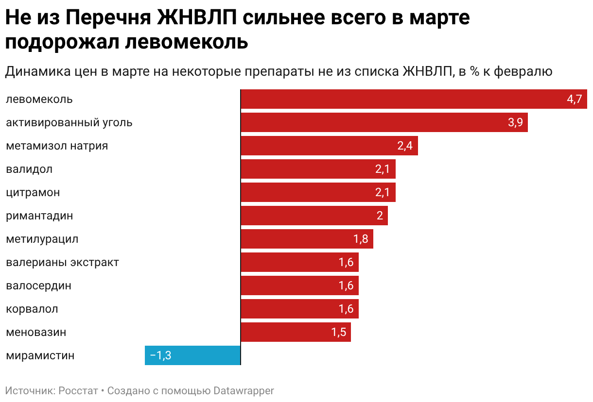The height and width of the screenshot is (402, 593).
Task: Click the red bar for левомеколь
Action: [x=413, y=99]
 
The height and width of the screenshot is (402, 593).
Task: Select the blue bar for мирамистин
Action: [x=193, y=355]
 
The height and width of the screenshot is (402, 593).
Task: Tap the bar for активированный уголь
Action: [x=384, y=122]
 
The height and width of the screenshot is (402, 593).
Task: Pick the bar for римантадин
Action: [x=314, y=216]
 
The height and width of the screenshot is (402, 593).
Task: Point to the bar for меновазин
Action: [x=296, y=333]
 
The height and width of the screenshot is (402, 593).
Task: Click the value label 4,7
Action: [x=574, y=100]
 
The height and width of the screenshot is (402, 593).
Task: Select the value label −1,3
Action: [x=160, y=356]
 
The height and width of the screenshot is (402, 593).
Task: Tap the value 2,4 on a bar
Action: [x=405, y=146]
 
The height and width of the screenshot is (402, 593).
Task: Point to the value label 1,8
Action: [x=361, y=239]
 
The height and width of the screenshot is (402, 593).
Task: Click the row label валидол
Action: [x=29, y=169]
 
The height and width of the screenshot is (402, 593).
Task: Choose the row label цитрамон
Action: [x=33, y=192]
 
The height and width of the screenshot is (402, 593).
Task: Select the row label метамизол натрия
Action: [x=57, y=146]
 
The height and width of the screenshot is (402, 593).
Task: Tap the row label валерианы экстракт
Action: [x=62, y=263]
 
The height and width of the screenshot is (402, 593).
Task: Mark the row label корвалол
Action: [x=32, y=309]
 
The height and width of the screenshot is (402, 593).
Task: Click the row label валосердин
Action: [x=38, y=286]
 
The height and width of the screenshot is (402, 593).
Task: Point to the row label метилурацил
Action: [x=42, y=239]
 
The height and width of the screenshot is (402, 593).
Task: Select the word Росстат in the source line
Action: [x=78, y=390]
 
